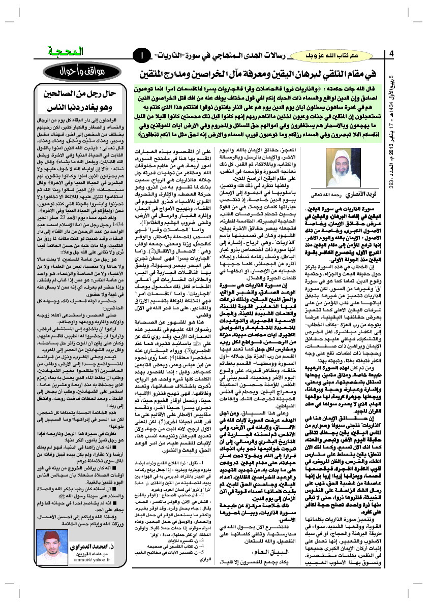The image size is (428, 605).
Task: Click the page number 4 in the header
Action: click(x=391, y=54)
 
